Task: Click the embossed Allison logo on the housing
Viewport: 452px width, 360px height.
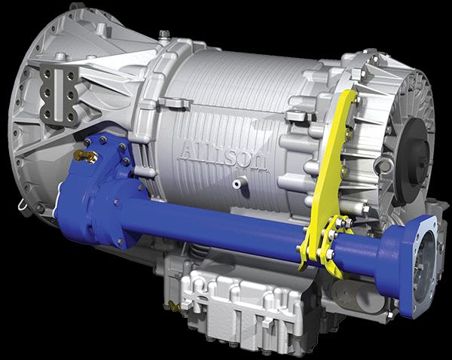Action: pyautogui.click(x=224, y=157)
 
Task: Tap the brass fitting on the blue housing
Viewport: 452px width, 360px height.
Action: pyautogui.click(x=86, y=156)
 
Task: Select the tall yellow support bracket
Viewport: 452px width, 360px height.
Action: pyautogui.click(x=331, y=173)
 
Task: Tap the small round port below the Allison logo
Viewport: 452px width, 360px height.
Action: pyautogui.click(x=237, y=184)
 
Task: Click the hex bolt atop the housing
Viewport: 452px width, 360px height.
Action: pyautogui.click(x=164, y=34)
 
